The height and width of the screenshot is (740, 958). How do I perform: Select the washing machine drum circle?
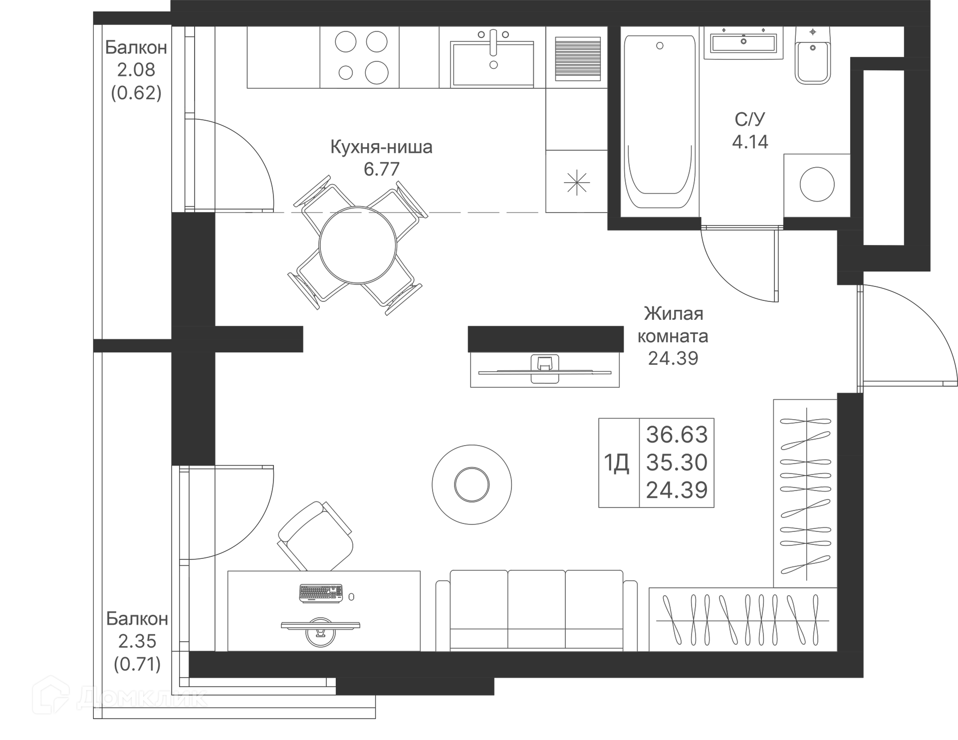[x=817, y=184]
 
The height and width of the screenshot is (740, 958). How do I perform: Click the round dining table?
[x=358, y=246]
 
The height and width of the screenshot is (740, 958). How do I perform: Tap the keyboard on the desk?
[x=321, y=593]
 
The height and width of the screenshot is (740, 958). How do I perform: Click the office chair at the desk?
[x=316, y=536]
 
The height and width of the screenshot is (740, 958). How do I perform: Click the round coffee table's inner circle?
[x=472, y=485]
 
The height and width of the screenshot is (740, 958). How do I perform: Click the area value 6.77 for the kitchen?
[x=382, y=170]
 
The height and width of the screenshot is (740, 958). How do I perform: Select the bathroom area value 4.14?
[x=750, y=142]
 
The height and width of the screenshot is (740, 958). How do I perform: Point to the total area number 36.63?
[x=677, y=435]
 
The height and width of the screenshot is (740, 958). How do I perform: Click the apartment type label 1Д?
[x=617, y=463]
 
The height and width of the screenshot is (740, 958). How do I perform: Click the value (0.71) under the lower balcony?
[x=137, y=664]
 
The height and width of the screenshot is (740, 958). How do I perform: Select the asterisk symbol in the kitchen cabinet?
[x=576, y=183]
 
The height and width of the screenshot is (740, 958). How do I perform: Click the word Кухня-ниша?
[x=381, y=147]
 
